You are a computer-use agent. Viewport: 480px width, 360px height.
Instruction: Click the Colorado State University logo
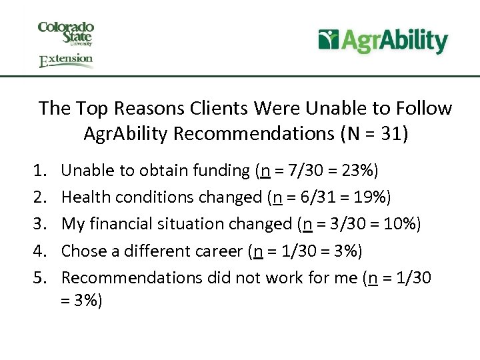click(66, 34)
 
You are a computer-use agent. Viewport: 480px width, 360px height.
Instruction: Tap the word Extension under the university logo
click(66, 61)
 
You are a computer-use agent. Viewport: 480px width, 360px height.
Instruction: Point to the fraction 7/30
click(308, 171)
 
